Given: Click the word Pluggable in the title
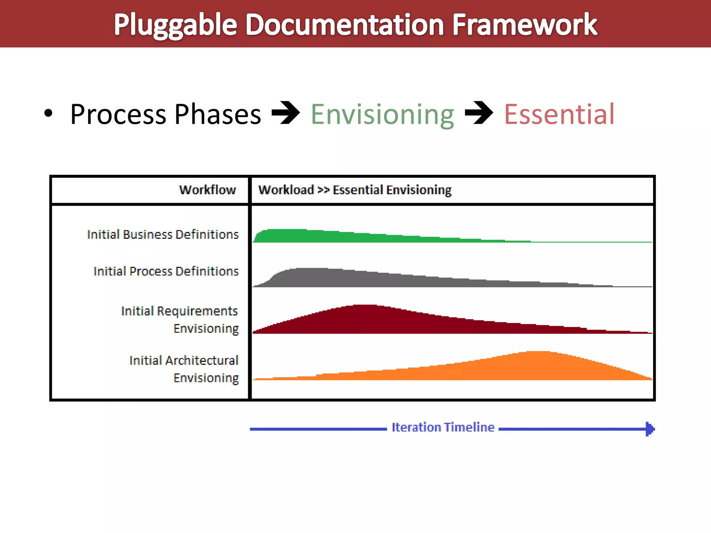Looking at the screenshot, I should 175,25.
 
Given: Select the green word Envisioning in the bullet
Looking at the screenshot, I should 382,115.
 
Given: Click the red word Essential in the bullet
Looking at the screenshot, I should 559,115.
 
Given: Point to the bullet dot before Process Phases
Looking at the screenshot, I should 48,113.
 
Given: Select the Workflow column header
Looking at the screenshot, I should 207,190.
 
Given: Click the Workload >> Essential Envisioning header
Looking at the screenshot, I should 354,190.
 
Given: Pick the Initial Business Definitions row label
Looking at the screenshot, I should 163,235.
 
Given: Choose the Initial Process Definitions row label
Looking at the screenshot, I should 166,271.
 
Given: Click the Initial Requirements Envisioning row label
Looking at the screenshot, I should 180,320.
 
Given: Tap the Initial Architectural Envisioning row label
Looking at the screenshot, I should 184,369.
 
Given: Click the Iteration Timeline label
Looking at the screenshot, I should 443,427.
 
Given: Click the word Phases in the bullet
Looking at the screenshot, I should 218,115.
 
